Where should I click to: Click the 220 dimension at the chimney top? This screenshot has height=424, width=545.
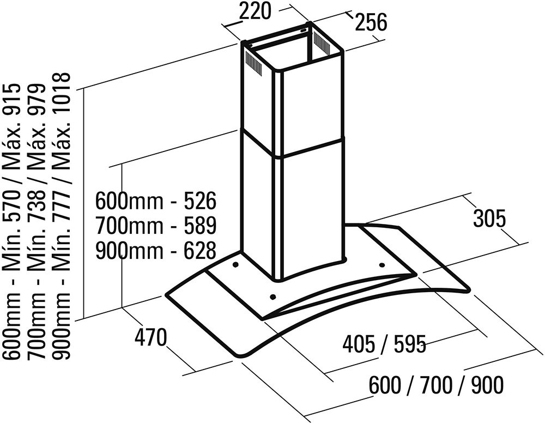pyautogui.click(x=255, y=11)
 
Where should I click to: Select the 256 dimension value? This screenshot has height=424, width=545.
pyautogui.click(x=371, y=22)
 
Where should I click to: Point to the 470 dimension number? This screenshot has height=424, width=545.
pyautogui.click(x=151, y=337)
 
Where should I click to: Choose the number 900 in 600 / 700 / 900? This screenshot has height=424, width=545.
pyautogui.click(x=487, y=385)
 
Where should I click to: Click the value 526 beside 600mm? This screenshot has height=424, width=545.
pyautogui.click(x=200, y=201)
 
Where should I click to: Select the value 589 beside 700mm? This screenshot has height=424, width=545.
pyautogui.click(x=200, y=225)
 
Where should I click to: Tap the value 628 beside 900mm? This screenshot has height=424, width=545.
pyautogui.click(x=200, y=250)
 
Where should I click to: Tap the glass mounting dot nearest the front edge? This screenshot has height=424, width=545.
pyautogui.click(x=273, y=297)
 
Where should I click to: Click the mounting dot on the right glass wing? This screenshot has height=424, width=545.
pyautogui.click(x=381, y=266)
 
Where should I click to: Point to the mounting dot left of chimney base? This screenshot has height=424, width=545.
pyautogui.click(x=235, y=265)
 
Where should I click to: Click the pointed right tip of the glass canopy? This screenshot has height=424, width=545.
pyautogui.click(x=469, y=289)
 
